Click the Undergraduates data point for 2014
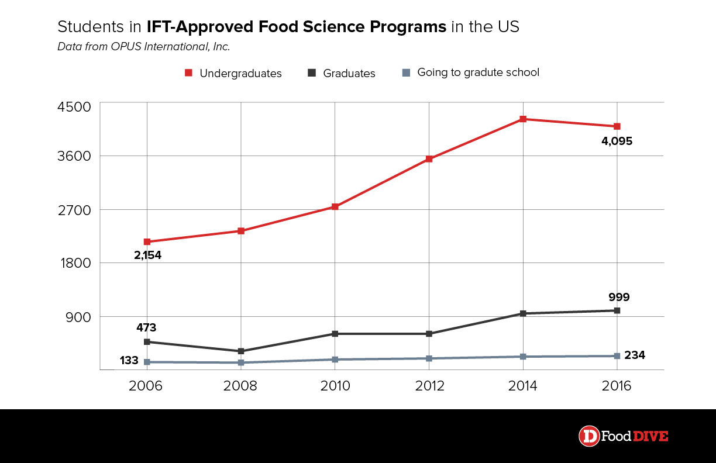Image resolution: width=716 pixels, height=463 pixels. tap(523, 119)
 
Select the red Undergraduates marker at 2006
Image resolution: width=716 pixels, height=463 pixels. tap(147, 241)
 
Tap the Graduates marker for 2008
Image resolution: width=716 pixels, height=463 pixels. tap(241, 351)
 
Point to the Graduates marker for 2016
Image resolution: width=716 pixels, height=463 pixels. tap(617, 310)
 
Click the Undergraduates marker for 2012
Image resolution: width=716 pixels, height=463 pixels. tap(429, 159)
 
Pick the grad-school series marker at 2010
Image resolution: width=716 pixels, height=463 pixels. tap(335, 360)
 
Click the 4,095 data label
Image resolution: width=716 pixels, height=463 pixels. tap(617, 141)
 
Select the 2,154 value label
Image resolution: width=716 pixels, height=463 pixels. tap(147, 255)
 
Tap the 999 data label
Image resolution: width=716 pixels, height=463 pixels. tap(618, 297)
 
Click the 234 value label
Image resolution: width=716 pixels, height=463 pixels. tap(635, 355)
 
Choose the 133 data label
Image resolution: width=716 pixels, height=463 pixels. tap(129, 361)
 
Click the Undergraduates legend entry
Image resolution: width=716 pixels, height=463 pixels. tap(233, 73)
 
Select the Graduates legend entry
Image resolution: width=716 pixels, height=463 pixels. tap(342, 73)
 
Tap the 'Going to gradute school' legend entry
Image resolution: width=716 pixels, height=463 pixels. tap(470, 72)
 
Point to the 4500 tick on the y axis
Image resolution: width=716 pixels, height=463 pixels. tap(74, 107)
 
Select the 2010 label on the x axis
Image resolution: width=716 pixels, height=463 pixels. tap(335, 386)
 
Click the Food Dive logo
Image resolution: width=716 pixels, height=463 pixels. tap(623, 436)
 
